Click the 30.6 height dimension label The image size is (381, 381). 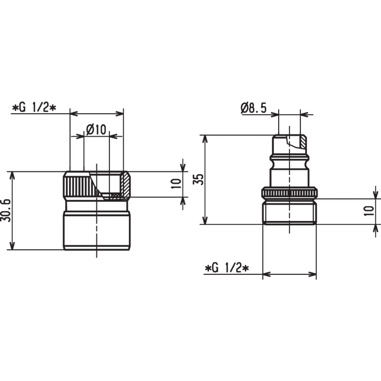pos(6,210)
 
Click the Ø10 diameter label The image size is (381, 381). pos(96,130)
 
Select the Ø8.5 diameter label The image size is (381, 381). pos(254,108)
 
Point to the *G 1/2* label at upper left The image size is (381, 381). pos(34,107)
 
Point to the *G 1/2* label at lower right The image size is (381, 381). pos(227,268)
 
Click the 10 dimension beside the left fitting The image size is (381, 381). pos(176,184)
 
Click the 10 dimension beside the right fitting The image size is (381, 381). pos(369,211)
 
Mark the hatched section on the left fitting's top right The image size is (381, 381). pos(126,184)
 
